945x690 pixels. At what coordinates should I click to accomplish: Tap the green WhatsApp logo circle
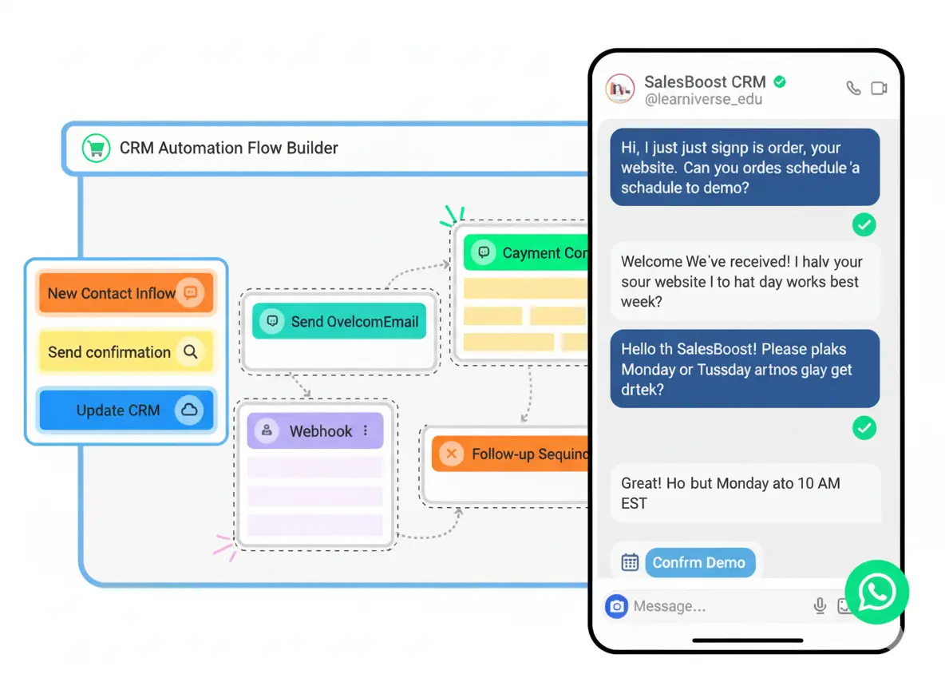[x=877, y=593]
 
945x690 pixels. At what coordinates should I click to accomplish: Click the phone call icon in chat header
[x=853, y=89]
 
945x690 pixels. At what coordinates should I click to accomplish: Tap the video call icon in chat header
[x=879, y=89]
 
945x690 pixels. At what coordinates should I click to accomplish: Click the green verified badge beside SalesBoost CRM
[x=780, y=81]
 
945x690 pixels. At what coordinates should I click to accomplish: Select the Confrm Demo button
[x=698, y=562]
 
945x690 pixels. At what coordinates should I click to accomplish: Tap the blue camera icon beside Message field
[x=616, y=606]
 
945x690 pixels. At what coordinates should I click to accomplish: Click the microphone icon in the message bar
[x=820, y=606]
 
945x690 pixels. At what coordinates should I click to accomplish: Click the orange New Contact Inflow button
[x=125, y=293]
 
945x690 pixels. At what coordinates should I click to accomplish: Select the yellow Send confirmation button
[x=125, y=351]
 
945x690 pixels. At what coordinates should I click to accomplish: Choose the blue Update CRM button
[x=125, y=410]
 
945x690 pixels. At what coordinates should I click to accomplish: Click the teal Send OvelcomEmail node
[x=340, y=322]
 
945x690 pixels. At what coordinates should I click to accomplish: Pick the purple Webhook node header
[x=314, y=431]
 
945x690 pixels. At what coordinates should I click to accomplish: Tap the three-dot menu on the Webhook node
[x=366, y=430]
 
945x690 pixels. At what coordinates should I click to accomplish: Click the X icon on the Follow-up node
[x=452, y=454]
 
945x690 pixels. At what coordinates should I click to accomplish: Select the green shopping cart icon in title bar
[x=96, y=148]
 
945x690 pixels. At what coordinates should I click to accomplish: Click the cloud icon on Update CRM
[x=189, y=410]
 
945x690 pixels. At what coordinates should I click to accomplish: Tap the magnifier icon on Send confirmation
[x=190, y=351]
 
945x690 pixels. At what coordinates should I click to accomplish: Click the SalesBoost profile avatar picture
[x=619, y=89]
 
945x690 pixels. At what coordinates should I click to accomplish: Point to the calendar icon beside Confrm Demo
[x=630, y=562]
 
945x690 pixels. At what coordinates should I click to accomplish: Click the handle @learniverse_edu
[x=703, y=100]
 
